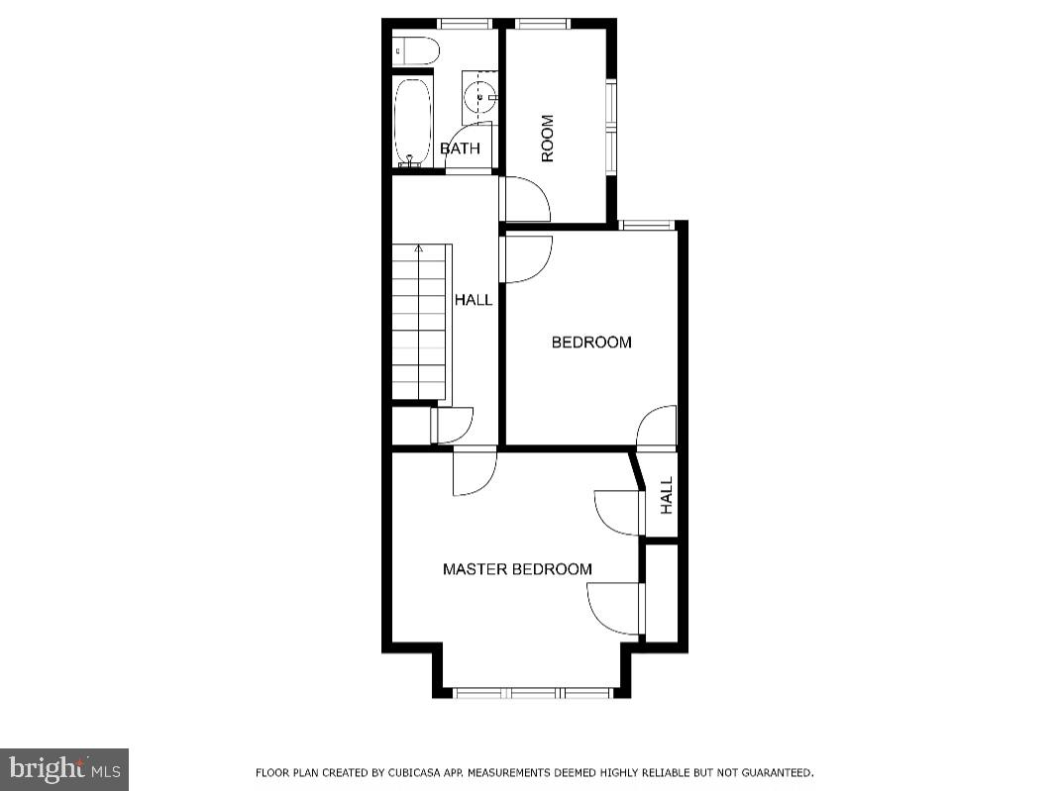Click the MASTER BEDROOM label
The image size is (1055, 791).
pyautogui.click(x=517, y=569)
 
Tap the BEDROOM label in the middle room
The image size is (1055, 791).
pyautogui.click(x=591, y=343)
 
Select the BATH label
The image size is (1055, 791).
pyautogui.click(x=460, y=149)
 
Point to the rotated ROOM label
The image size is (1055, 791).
pyautogui.click(x=547, y=139)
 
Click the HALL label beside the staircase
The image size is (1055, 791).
pyautogui.click(x=474, y=300)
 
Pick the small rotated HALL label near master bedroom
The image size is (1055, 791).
pyautogui.click(x=667, y=495)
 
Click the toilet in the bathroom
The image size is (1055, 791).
pyautogui.click(x=415, y=50)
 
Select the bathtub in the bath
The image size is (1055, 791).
pyautogui.click(x=413, y=123)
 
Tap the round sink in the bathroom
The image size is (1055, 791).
pyautogui.click(x=480, y=97)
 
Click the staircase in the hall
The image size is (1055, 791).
pyautogui.click(x=419, y=322)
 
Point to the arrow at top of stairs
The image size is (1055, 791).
pyautogui.click(x=419, y=248)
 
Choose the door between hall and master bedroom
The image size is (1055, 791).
pyautogui.click(x=474, y=472)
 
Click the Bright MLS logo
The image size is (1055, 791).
pyautogui.click(x=64, y=769)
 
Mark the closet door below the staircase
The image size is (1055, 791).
pyautogui.click(x=452, y=425)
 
